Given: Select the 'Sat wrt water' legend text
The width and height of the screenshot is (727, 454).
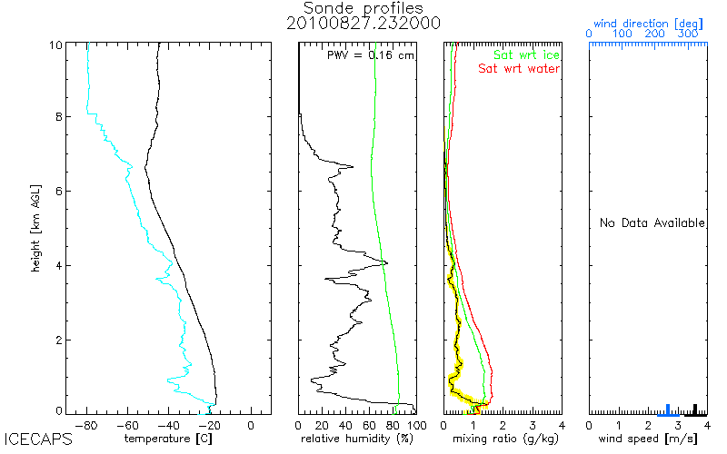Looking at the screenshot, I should click(x=519, y=68).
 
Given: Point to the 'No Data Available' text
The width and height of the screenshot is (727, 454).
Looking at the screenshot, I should click(x=652, y=223).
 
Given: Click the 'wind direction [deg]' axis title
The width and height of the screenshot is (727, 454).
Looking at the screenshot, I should click(x=647, y=23).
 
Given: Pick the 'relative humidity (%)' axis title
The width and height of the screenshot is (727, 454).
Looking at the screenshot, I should click(x=357, y=439).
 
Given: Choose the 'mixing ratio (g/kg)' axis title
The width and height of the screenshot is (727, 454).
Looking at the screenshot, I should click(x=502, y=439).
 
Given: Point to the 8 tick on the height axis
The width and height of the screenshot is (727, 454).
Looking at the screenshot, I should click(x=59, y=116).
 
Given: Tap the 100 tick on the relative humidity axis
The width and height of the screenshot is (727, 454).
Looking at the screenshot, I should click(x=416, y=424).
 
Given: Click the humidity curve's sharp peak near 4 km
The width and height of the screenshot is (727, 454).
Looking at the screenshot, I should click(x=386, y=263).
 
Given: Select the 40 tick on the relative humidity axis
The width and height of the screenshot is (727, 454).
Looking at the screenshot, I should click(x=345, y=424).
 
